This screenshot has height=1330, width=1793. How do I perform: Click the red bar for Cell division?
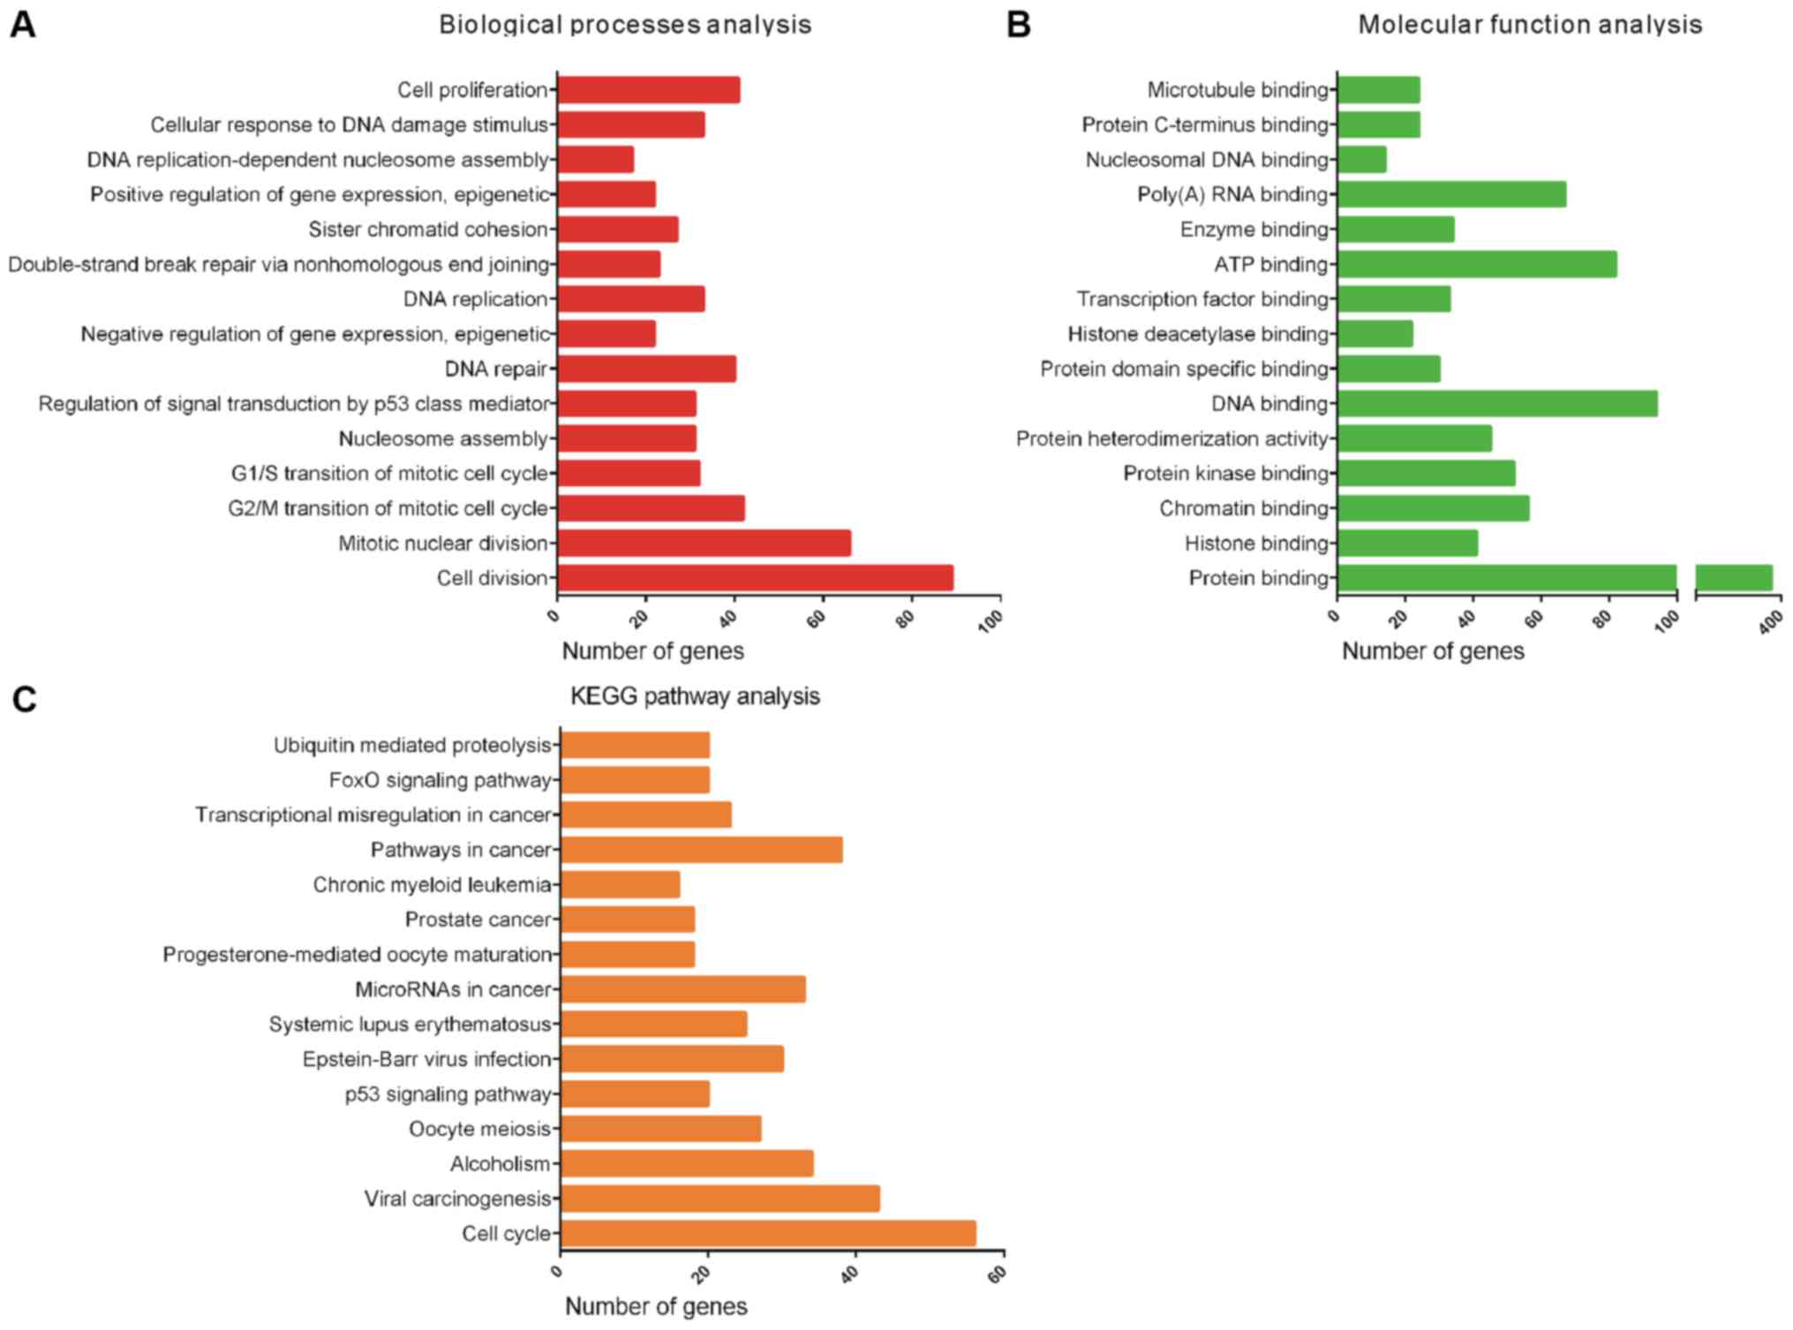coord(755,578)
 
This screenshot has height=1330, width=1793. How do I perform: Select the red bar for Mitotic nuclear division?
coord(704,543)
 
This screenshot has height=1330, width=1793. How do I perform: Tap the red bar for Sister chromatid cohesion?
coord(617,229)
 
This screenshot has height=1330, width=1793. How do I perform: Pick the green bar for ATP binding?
coord(1477,264)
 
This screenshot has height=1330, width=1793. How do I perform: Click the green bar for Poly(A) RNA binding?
coord(1451,194)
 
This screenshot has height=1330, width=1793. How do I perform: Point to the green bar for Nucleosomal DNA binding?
coord(1361,160)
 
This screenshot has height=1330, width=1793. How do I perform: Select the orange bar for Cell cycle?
coord(768,1233)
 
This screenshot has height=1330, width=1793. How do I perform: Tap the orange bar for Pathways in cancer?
coord(701,850)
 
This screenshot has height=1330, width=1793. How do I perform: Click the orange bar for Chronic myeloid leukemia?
coord(620,884)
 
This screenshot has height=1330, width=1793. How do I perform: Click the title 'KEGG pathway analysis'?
coord(695,696)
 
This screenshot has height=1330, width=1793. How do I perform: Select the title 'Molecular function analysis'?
coord(1529,25)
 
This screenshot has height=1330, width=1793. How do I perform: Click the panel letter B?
coord(1018,25)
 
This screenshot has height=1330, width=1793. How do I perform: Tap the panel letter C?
coord(24,699)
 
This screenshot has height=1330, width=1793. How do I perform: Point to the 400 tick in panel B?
coord(1770,623)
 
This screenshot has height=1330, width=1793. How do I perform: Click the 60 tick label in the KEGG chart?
coord(998,1274)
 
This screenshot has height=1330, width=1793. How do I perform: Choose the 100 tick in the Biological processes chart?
coord(991,621)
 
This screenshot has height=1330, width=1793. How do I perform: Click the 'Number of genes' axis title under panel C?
coord(656,1306)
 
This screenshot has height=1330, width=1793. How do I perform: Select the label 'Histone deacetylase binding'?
coord(1197,334)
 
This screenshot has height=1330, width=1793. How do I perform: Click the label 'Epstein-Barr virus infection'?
coord(426,1059)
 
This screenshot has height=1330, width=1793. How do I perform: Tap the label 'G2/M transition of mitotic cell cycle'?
coord(388,508)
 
